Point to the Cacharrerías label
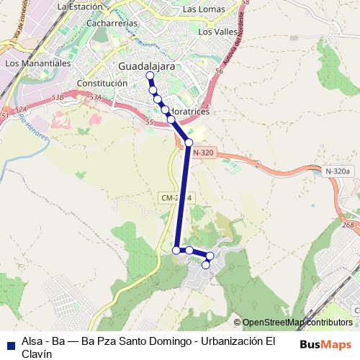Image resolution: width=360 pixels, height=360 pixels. click(x=111, y=23)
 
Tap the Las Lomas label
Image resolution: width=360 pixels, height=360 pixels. click(x=203, y=10)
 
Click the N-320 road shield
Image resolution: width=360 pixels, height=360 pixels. click(x=204, y=153)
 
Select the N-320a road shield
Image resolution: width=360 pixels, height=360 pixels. click(x=338, y=171)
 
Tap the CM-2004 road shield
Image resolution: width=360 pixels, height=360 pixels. click(x=176, y=197)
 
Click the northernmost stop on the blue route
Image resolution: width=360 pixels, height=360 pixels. click(x=150, y=76)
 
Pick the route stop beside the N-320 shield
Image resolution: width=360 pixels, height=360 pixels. click(x=189, y=143)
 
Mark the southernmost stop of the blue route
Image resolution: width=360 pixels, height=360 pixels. click(x=206, y=265)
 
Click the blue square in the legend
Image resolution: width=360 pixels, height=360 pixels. click(x=11, y=343)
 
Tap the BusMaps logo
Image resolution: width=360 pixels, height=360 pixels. click(x=326, y=343)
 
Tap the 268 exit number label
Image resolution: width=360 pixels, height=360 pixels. click(x=348, y=225)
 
